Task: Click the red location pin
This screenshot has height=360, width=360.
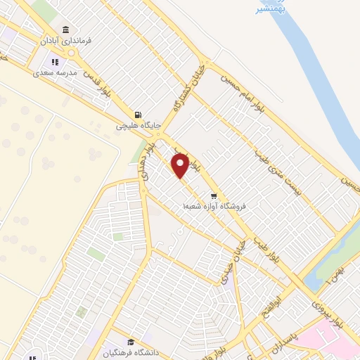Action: pos(181,165)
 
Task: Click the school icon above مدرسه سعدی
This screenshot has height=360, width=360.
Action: pos(54,62)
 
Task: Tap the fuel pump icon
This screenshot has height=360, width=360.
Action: pos(138,115)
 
